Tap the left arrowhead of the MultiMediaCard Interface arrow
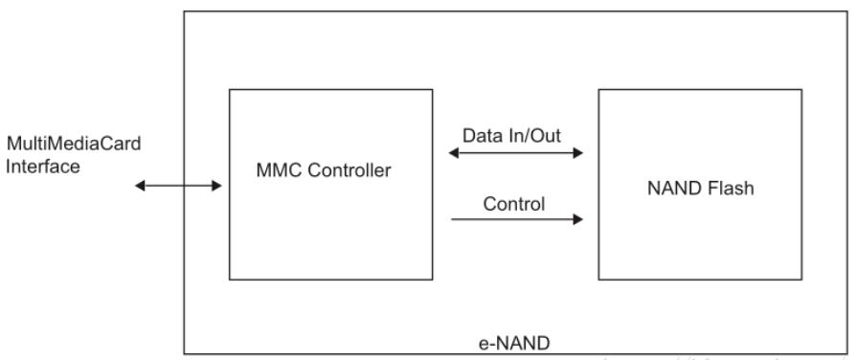[x=140, y=186]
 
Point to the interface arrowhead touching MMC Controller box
[x=217, y=186]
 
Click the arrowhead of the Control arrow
[x=578, y=219]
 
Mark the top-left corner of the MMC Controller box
[x=230, y=90]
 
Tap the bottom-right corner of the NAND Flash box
[x=801, y=280]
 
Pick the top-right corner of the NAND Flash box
[x=801, y=90]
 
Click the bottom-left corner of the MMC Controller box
[x=230, y=280]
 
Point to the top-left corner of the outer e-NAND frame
[x=184, y=11]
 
